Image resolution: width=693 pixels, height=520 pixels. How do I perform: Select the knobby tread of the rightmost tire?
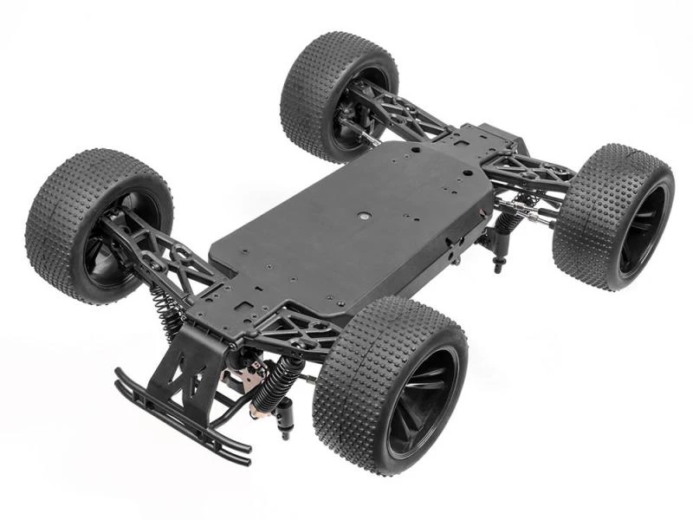[589, 217]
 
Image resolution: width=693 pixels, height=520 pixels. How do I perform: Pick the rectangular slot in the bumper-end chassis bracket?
[245, 306]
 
